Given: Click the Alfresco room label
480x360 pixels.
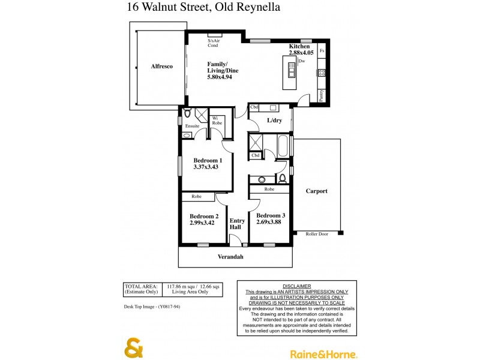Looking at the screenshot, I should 161,67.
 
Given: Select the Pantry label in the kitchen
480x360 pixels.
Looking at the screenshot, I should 322,95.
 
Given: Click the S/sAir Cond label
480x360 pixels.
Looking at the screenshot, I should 214,43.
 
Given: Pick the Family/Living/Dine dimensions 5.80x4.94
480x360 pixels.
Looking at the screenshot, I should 222,77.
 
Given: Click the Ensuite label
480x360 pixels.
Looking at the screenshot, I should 192,126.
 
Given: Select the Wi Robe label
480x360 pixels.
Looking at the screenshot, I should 217,120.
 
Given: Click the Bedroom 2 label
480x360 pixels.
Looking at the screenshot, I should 204,216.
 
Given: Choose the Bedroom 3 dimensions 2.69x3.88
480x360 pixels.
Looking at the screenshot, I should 271,223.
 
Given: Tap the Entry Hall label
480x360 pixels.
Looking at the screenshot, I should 236,224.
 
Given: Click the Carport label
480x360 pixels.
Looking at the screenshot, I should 316,191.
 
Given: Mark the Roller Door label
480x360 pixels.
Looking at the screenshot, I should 317,235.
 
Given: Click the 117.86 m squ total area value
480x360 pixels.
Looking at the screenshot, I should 181,286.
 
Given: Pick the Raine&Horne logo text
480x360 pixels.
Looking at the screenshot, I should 323,354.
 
